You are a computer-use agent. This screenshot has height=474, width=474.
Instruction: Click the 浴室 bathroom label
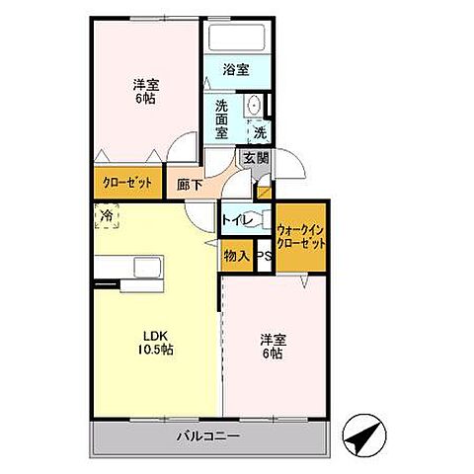click(x=236, y=69)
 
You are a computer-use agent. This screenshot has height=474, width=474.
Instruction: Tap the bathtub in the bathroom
click(x=237, y=37)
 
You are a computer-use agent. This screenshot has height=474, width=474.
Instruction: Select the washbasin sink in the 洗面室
click(x=254, y=105)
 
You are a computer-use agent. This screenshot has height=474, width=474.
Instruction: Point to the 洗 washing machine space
click(x=260, y=132)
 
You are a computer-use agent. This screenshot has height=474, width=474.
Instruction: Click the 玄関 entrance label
click(x=256, y=158)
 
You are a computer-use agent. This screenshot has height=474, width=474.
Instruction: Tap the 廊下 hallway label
click(x=190, y=185)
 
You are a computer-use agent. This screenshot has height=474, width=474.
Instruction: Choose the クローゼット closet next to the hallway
click(x=127, y=183)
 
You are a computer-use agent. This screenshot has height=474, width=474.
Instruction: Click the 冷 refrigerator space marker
click(x=107, y=216)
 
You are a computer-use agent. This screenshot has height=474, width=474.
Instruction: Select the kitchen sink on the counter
click(x=148, y=267)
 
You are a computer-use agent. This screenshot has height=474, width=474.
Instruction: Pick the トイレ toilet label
click(x=237, y=219)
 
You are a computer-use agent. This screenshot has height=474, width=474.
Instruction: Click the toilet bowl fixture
click(x=263, y=218)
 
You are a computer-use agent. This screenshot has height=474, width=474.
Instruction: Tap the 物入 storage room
click(x=237, y=256)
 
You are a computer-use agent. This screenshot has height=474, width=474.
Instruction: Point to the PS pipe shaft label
click(x=264, y=257)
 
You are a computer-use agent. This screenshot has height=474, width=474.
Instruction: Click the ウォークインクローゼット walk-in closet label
click(x=301, y=237)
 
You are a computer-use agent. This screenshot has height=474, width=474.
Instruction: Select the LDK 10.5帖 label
click(x=155, y=343)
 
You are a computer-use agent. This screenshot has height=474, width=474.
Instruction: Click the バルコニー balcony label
click(x=208, y=436)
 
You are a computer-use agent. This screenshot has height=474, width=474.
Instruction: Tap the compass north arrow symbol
click(x=364, y=435)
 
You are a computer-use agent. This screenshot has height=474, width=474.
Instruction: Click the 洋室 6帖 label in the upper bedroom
click(x=146, y=92)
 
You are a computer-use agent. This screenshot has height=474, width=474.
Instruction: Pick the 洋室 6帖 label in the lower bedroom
click(x=274, y=346)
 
